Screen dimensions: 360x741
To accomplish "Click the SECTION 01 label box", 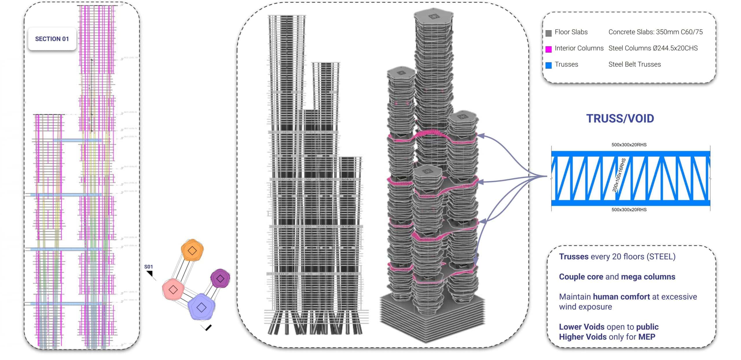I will click(52, 39).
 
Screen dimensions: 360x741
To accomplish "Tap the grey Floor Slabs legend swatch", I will click(548, 33).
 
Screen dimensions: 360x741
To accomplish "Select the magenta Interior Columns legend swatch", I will click(548, 49).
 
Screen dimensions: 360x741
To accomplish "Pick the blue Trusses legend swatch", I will click(548, 65).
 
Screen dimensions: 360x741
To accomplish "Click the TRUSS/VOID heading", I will click(620, 119).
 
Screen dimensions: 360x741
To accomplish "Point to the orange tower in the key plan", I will click(192, 250).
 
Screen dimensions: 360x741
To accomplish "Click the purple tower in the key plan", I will click(220, 278).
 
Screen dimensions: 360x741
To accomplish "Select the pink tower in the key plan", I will click(173, 289).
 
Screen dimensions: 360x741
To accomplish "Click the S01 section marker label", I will click(148, 267).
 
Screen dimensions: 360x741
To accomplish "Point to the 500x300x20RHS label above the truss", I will click(629, 145).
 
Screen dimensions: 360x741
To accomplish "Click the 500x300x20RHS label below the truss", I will click(629, 210).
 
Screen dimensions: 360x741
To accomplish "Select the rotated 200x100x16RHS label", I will click(619, 175).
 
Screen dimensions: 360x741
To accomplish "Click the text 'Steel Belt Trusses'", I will click(634, 64).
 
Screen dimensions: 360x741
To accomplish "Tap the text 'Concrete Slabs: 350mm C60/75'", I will click(655, 32).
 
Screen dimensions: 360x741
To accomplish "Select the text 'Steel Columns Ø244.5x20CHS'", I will click(653, 48).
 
